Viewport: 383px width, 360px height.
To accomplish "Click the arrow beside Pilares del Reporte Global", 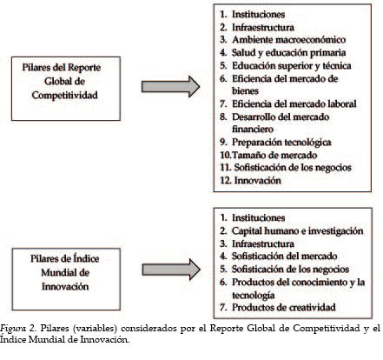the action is click(170, 86).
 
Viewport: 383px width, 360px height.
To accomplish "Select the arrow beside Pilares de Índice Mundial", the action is click(171, 270).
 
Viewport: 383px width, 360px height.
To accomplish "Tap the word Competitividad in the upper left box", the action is click(65, 95).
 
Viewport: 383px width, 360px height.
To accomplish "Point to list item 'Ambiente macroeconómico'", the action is click(289, 40).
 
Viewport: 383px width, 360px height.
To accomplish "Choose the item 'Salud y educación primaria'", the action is click(289, 53).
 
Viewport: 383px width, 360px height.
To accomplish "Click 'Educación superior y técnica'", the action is click(292, 66).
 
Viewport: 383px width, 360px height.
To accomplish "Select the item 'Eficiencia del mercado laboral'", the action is click(294, 103).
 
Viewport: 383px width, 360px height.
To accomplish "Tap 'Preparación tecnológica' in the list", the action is click(281, 143).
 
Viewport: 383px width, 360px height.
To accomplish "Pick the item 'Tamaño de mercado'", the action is click(274, 155).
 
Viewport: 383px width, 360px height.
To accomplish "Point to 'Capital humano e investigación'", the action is click(298, 231).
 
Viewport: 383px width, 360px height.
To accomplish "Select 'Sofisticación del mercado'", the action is click(285, 257).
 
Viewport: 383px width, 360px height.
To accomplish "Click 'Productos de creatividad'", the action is click(284, 307).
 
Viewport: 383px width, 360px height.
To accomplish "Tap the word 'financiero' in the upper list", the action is click(253, 130).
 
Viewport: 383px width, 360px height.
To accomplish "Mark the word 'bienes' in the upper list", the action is click(245, 91).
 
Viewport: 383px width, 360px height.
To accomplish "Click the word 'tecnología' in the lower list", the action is click(254, 296).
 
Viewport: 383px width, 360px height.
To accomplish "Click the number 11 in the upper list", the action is click(225, 168).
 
